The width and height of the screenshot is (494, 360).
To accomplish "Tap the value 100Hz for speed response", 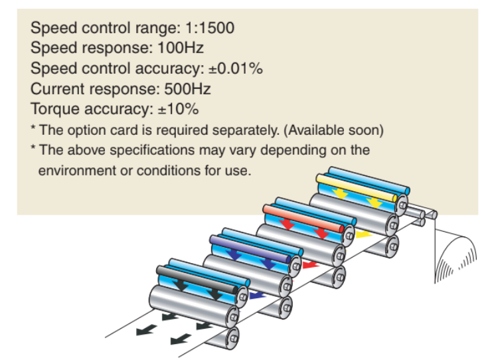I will pos(181,48).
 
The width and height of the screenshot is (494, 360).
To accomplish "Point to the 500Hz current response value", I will pos(189,88).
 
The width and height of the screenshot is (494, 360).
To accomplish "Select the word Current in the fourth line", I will pos(54,88).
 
